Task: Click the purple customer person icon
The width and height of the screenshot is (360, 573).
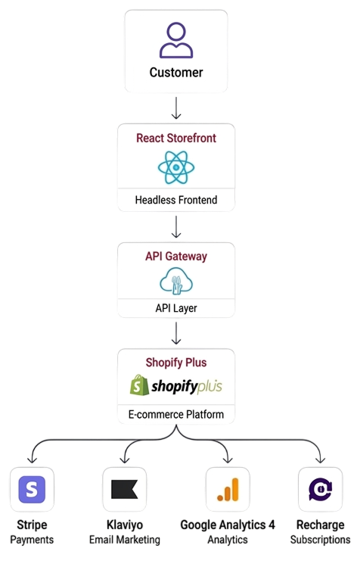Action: [x=176, y=40]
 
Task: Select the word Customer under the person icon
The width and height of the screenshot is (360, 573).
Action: [x=176, y=73]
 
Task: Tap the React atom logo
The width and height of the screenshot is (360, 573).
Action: [x=176, y=167]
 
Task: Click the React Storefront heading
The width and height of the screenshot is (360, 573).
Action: [x=176, y=138]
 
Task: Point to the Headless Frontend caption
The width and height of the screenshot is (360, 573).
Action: [x=176, y=200]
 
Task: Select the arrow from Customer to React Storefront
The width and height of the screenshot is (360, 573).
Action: [x=176, y=107]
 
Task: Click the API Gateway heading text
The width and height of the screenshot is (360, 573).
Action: [x=176, y=257]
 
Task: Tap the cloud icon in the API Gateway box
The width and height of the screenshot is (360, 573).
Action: [x=176, y=281]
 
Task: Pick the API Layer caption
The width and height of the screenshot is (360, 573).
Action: [x=176, y=308]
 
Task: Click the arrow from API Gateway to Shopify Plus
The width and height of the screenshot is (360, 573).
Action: [x=176, y=333]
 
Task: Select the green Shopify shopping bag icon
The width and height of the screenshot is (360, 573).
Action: [x=139, y=385]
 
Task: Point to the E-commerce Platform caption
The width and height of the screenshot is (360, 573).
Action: [x=176, y=414]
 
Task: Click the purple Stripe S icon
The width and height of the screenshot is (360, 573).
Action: [x=32, y=489]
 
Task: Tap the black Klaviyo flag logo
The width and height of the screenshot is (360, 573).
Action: [x=124, y=489]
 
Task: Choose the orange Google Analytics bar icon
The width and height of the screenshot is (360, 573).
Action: [x=228, y=489]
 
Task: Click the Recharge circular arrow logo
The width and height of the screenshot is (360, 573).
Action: [x=320, y=489]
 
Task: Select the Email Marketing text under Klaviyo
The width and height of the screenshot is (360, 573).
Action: [x=125, y=540]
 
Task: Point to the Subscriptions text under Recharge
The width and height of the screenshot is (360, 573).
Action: [x=320, y=540]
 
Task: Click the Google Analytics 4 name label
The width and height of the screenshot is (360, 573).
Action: [x=228, y=525]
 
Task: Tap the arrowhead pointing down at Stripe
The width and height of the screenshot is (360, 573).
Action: [x=32, y=460]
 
